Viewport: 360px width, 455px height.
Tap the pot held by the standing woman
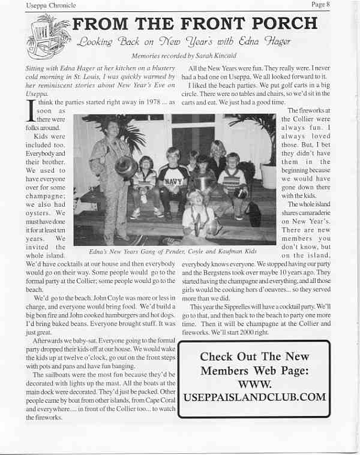[x=127, y=167]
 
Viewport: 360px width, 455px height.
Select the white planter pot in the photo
[x=268, y=174]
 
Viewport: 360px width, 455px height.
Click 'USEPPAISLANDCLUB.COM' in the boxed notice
[x=254, y=397]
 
